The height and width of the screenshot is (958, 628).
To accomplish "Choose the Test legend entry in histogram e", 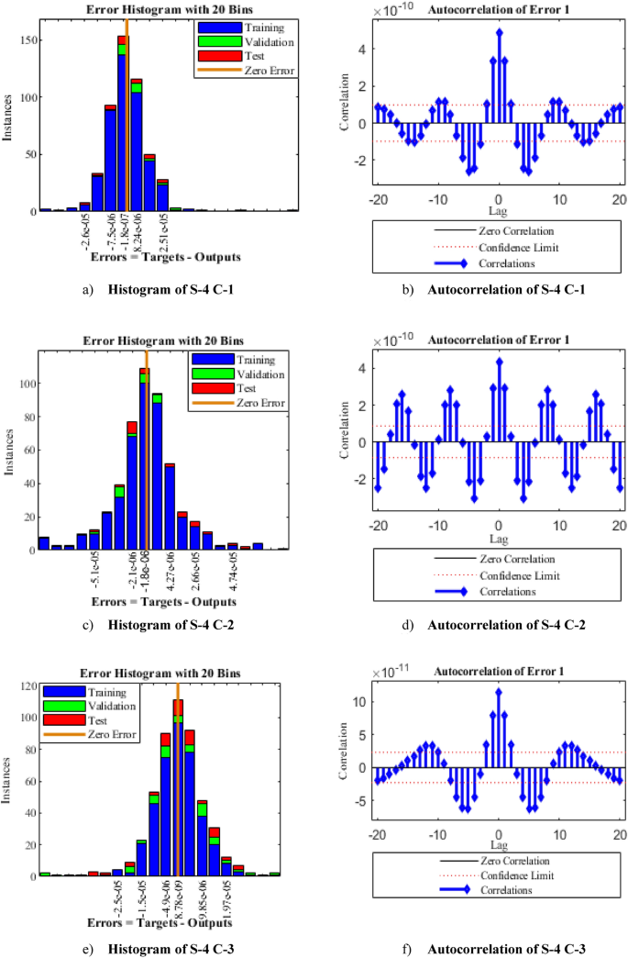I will [89, 720].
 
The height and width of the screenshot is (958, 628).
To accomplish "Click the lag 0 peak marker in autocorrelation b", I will [500, 31].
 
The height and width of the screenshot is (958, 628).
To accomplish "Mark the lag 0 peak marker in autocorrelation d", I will [500, 361].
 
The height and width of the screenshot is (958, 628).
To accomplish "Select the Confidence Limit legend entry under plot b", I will [517, 248].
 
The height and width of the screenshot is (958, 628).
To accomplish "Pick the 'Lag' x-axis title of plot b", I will [499, 210].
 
